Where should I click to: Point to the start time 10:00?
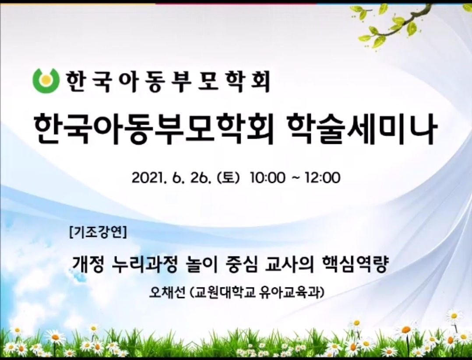click(x=267, y=178)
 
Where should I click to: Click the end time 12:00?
click(x=322, y=178)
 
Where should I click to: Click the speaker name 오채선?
click(x=167, y=292)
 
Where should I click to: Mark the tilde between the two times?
click(x=295, y=178)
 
